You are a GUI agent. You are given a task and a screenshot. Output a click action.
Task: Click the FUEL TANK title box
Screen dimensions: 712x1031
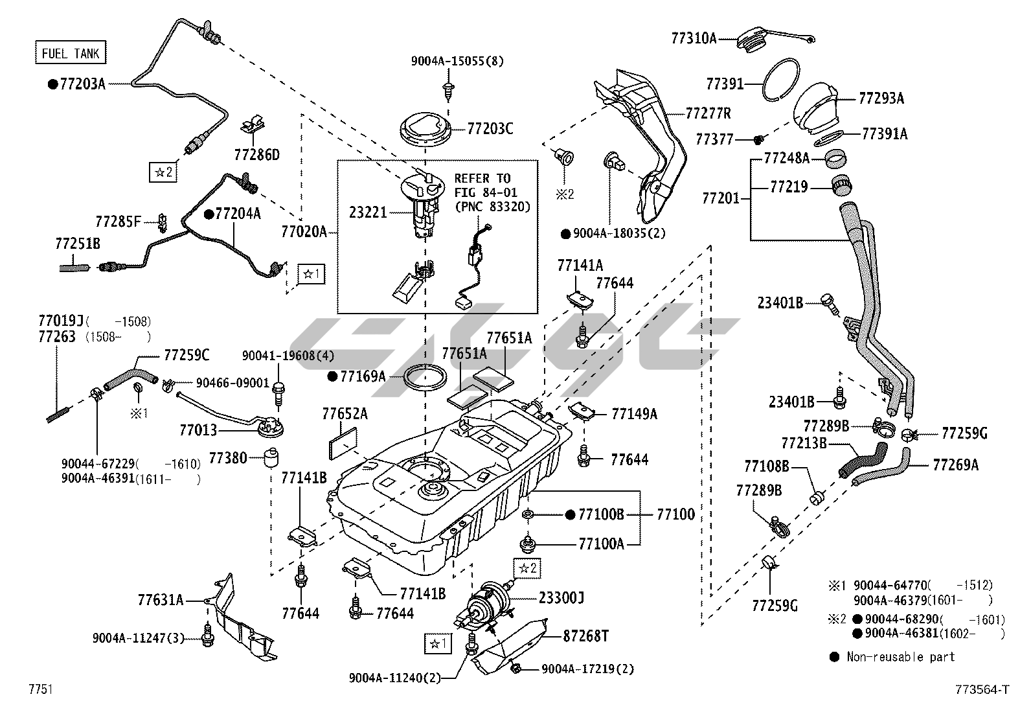(70, 53)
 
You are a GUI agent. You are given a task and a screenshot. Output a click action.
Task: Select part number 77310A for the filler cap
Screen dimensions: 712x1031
(694, 38)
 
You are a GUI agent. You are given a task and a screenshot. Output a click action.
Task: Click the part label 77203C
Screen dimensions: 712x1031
(490, 129)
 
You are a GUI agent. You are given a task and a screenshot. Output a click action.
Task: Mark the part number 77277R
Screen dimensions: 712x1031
(708, 113)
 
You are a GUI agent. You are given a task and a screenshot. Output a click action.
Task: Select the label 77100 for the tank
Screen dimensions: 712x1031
(675, 514)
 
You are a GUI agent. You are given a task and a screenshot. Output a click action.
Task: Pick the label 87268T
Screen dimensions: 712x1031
(585, 636)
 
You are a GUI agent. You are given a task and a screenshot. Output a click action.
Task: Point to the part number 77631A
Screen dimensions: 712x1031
(160, 600)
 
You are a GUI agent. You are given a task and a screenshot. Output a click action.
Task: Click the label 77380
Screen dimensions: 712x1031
(228, 458)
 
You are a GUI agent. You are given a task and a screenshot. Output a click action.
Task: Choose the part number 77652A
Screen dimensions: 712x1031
(345, 413)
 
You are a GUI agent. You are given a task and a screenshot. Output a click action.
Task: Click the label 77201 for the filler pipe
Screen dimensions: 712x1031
(721, 198)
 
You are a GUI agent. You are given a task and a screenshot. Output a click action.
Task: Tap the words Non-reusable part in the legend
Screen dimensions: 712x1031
(900, 657)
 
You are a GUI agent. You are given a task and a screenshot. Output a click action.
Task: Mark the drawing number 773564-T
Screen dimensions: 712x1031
(981, 690)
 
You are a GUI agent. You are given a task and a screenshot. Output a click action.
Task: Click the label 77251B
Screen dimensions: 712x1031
(78, 244)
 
